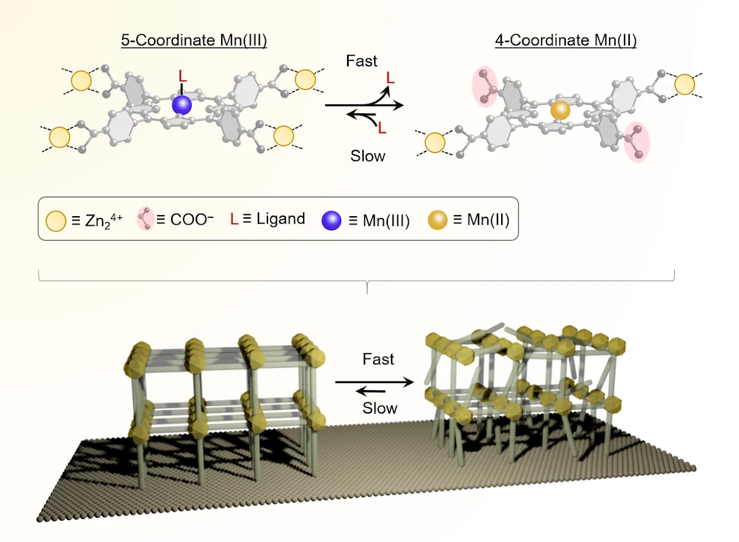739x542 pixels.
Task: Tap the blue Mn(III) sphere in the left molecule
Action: click(181, 105)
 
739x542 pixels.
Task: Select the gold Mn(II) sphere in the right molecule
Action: click(559, 110)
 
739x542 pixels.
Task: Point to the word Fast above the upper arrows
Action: click(361, 61)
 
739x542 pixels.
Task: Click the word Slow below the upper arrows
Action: click(368, 156)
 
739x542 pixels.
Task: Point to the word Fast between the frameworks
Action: click(378, 359)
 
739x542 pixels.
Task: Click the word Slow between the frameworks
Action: click(380, 408)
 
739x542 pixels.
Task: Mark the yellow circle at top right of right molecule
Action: click(685, 84)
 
